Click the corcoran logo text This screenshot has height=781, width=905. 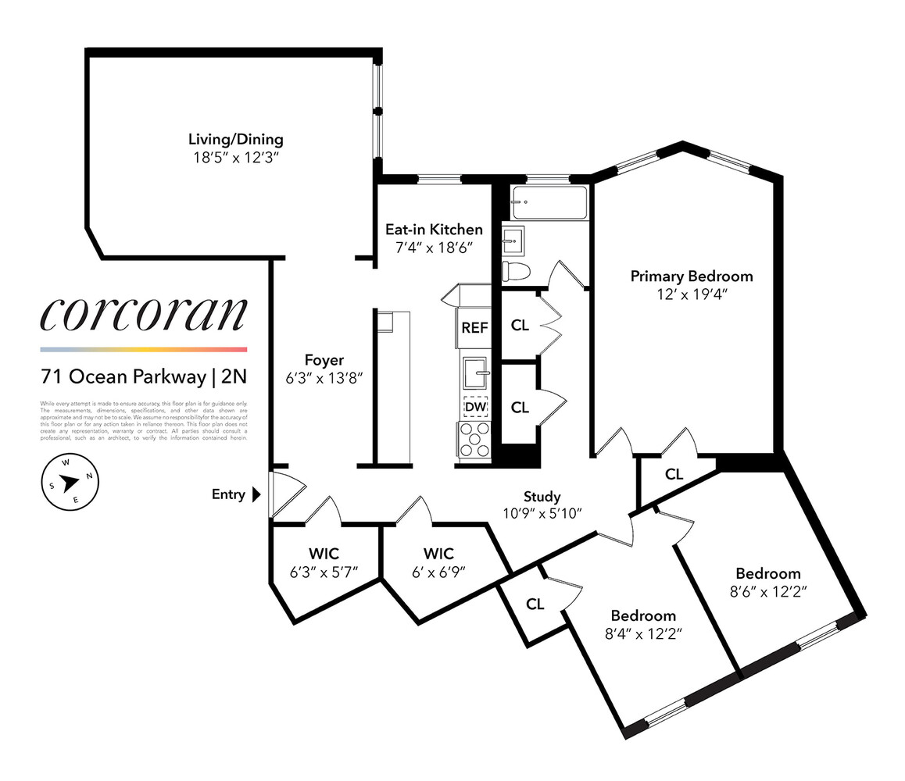144,315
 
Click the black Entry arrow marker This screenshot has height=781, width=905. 256,494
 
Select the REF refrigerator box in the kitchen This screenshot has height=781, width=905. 474,328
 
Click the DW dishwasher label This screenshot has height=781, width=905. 474,407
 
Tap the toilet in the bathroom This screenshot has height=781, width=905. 516,270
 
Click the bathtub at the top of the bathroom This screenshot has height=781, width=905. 549,203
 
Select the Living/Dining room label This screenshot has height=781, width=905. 235,141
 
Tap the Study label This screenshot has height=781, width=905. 542,497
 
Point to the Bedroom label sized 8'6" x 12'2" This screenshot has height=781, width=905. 767,573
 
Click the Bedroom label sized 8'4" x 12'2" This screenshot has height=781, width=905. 643,615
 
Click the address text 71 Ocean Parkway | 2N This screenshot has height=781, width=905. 144,376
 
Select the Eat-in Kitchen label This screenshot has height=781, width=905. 434,230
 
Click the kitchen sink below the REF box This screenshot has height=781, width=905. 474,373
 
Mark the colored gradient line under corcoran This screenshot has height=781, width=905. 144,349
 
